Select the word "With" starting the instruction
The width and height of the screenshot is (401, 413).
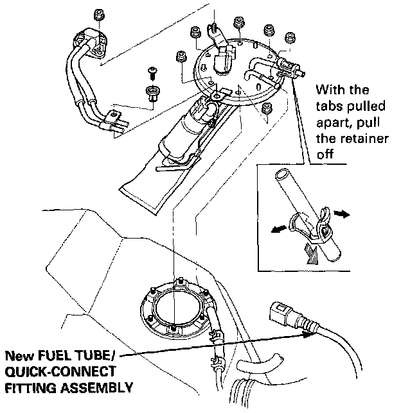(x=330, y=89)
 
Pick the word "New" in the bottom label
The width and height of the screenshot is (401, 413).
(x=19, y=355)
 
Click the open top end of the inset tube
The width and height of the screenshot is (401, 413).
(x=281, y=175)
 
